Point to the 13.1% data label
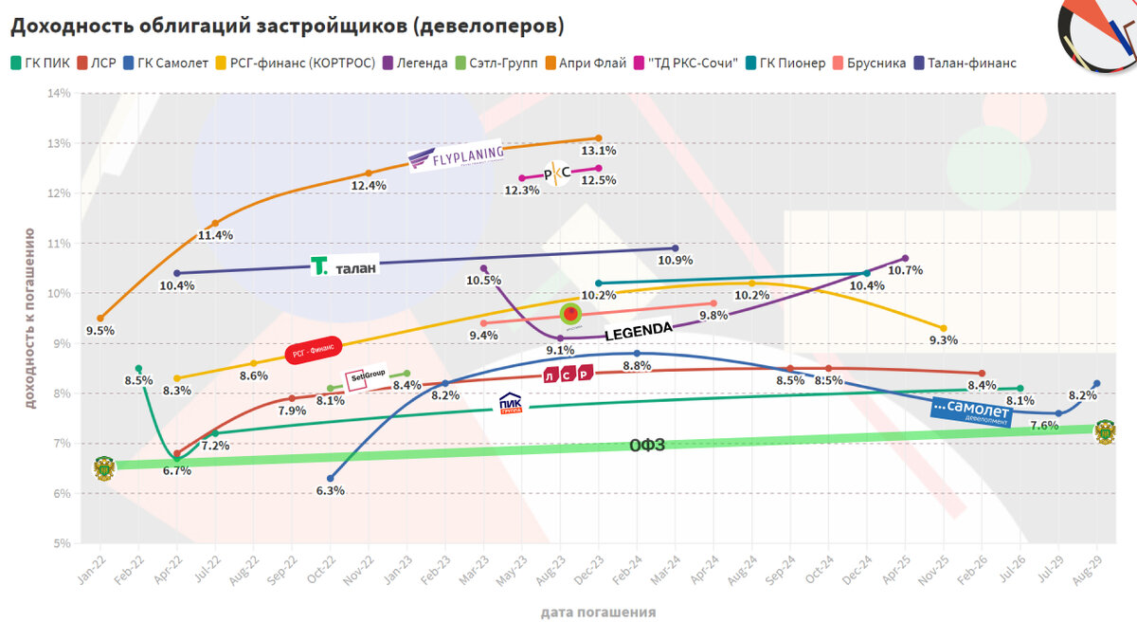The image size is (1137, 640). point(599,151)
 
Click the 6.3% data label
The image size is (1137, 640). point(330,491)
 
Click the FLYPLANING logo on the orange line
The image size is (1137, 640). point(454,159)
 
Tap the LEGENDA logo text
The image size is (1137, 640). point(638,331)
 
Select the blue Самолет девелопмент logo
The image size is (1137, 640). point(971,411)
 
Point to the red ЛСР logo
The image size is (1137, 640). point(568,375)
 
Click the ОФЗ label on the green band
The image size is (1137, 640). point(647,445)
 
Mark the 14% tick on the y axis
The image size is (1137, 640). point(59,93)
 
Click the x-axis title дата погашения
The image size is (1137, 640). point(598,612)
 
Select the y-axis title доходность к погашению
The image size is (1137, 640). point(29,317)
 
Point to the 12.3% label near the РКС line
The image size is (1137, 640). point(521,191)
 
